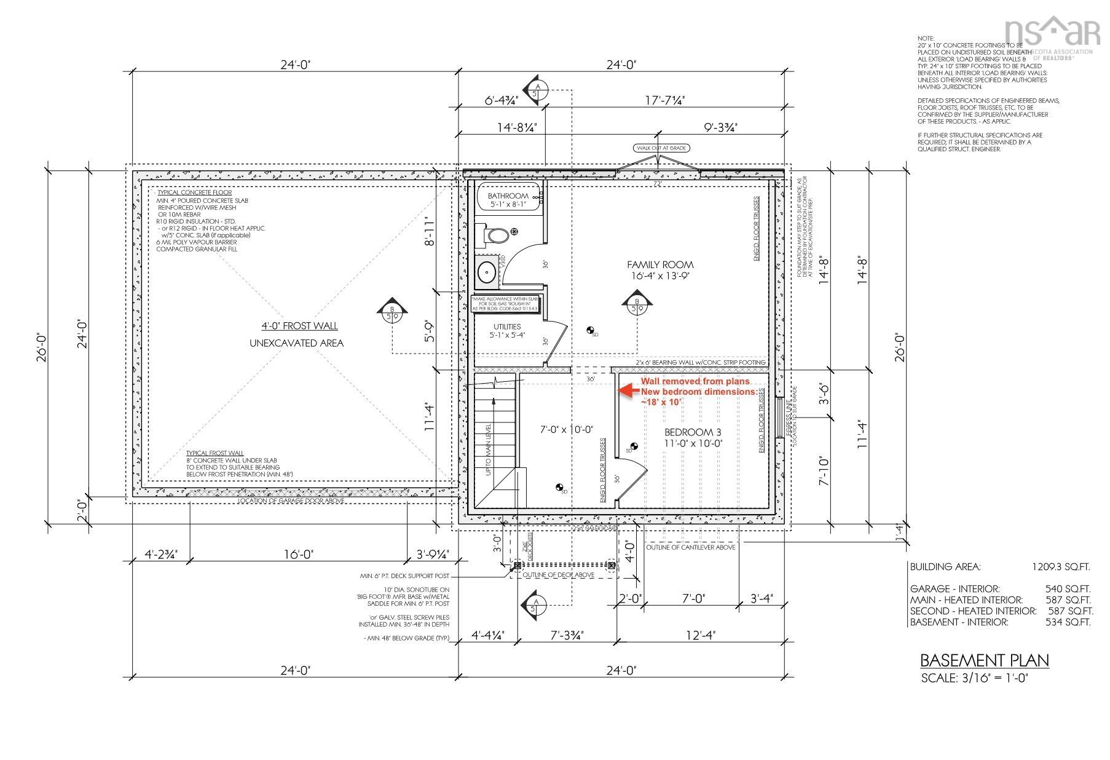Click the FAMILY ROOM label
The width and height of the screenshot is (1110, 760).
point(659,264)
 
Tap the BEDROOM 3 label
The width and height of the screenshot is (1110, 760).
point(688,432)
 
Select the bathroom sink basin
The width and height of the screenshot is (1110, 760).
point(487,272)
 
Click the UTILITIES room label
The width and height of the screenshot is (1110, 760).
point(506,327)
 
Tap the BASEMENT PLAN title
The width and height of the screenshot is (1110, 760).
point(983,660)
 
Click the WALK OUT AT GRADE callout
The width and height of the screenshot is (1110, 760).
point(661,148)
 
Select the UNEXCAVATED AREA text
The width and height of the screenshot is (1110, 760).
point(296,343)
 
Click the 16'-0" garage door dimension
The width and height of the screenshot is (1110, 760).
point(299,554)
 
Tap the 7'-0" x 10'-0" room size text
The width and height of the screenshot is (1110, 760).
point(566,430)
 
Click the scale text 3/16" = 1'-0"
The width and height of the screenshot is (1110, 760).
point(975,678)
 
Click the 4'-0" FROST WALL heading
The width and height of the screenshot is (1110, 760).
point(299,326)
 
